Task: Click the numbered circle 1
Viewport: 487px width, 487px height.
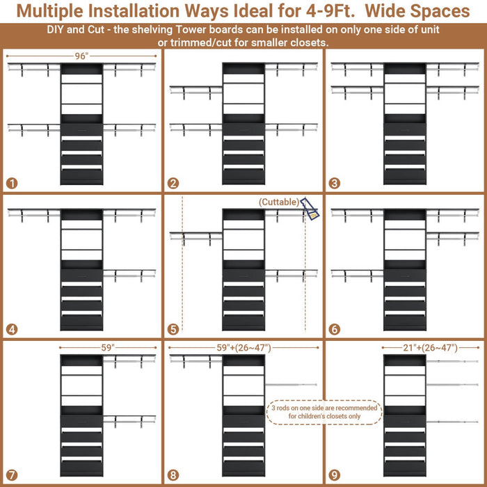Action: tap(11, 184)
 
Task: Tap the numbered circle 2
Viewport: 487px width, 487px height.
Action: tap(173, 184)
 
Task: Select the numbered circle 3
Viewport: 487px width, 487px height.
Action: tap(335, 184)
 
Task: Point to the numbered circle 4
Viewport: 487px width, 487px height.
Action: tap(11, 329)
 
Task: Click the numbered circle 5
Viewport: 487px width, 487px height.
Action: tap(173, 329)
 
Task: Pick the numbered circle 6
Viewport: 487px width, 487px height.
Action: tap(335, 329)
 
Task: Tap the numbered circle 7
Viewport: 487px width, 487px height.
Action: tap(11, 475)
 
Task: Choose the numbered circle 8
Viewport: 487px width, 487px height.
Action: tap(173, 475)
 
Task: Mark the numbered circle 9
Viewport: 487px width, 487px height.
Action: tap(335, 475)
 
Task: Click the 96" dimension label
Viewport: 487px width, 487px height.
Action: tap(82, 56)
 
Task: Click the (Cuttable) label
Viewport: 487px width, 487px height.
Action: tap(280, 202)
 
